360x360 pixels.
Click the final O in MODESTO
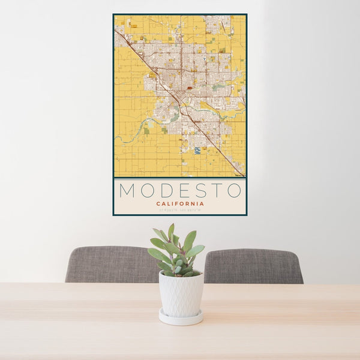232,191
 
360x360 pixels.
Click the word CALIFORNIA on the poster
180,203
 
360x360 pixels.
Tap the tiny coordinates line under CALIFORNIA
180,209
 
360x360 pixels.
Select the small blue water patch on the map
197,150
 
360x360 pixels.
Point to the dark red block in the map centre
190,88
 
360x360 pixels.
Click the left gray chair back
111,264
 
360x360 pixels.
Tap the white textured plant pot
181,294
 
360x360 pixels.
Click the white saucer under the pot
181,318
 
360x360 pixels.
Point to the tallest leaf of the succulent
171,231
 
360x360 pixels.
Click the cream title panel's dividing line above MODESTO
180,178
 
